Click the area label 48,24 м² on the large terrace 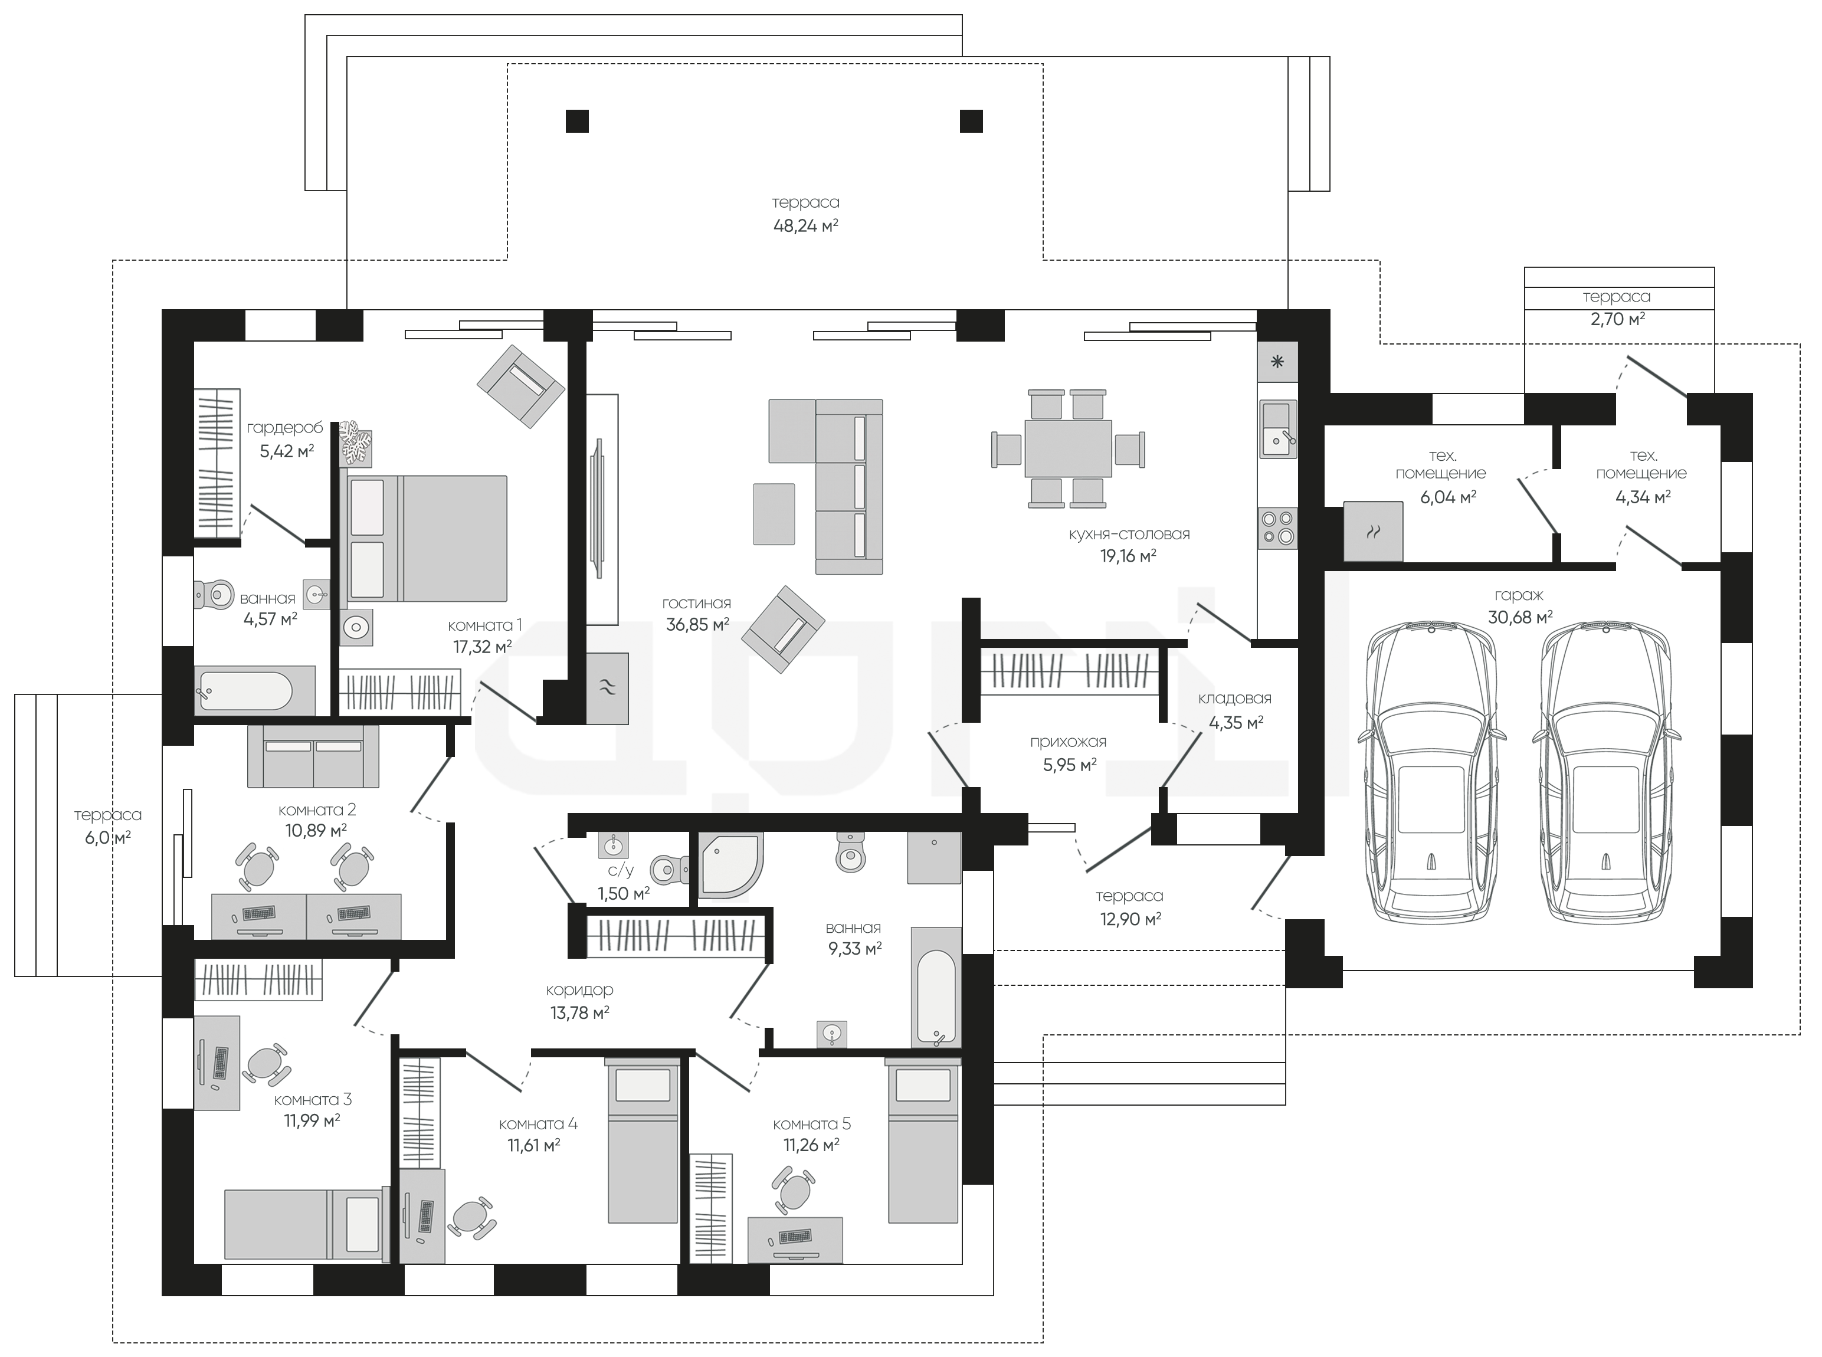[805, 225]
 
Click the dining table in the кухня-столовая [1068, 448]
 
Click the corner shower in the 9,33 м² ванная [730, 865]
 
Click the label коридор [580, 991]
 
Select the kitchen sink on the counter [1277, 429]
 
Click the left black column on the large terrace [578, 121]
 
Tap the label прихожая [1068, 742]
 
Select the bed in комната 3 [304, 1223]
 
